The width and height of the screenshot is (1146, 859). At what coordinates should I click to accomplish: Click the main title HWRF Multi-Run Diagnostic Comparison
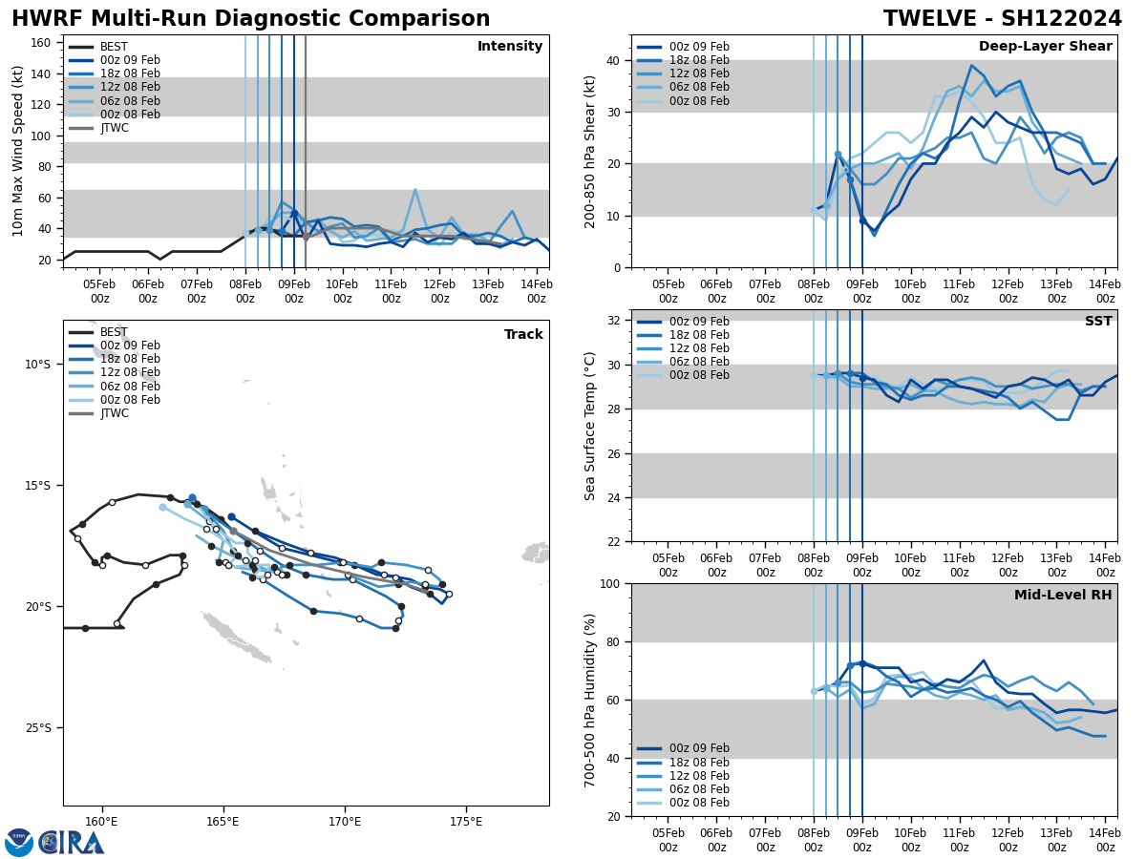(x=250, y=19)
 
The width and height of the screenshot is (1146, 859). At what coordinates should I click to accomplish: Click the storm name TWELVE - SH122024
(x=1002, y=19)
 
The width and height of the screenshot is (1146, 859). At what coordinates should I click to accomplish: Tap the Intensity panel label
(x=510, y=47)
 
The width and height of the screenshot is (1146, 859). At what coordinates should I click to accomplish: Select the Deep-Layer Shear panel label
(x=1045, y=47)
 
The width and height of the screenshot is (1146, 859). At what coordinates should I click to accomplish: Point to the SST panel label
(x=1097, y=322)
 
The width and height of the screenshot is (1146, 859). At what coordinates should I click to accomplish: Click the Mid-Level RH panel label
(x=1063, y=596)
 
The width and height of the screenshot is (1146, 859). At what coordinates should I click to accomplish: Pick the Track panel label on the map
(x=523, y=335)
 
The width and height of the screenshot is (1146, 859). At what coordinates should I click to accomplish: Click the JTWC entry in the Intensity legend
(x=115, y=128)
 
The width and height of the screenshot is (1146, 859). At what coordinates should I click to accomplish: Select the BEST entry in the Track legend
(x=114, y=332)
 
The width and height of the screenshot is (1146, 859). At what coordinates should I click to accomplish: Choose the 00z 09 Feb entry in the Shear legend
(x=698, y=47)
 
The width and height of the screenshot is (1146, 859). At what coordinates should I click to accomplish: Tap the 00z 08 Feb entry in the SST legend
(x=698, y=375)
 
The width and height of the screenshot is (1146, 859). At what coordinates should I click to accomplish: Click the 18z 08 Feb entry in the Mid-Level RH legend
(x=698, y=763)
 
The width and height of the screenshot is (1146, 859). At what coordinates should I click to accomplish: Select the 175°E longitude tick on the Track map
(x=465, y=822)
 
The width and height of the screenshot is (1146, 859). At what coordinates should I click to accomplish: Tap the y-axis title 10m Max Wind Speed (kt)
(x=18, y=151)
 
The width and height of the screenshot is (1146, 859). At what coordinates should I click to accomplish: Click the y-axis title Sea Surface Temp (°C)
(x=590, y=426)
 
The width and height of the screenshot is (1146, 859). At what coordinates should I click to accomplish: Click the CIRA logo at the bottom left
(x=54, y=842)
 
